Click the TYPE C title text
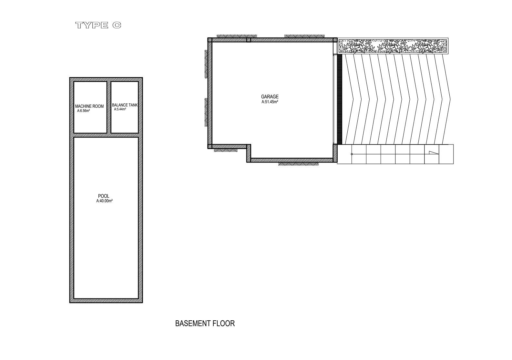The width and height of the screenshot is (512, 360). point(98,25)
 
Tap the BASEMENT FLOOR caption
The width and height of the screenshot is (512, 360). point(205,323)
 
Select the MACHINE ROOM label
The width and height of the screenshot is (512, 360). point(89,106)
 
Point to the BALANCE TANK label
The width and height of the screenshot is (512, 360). point(125,105)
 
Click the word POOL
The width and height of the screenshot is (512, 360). point(104,196)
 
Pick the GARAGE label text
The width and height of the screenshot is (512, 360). point(270,96)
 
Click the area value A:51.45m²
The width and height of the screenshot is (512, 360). point(270,102)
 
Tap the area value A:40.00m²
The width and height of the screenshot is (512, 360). point(104,201)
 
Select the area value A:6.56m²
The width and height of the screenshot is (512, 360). point(83,111)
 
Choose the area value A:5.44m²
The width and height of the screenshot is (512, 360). point(120,109)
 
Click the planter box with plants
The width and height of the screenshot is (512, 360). point(393,46)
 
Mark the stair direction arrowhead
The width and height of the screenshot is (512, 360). point(434,153)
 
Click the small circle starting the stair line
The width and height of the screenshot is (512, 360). point(352,154)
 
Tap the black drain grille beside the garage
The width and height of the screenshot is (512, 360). point(339,99)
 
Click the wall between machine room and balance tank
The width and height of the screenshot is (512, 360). point(109,107)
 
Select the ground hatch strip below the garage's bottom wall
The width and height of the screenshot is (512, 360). point(298,164)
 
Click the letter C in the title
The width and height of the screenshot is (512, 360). point(117,25)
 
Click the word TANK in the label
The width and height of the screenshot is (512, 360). point(133,105)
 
